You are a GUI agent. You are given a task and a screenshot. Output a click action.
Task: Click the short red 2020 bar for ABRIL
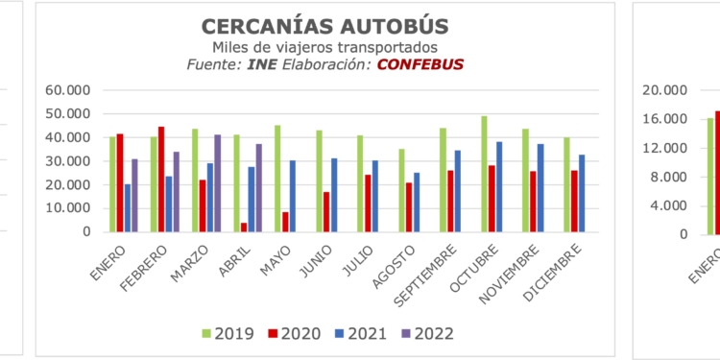[x=245, y=227]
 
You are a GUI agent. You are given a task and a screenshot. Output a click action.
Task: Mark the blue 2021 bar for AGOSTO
[x=416, y=202]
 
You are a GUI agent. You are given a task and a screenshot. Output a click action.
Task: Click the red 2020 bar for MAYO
[x=285, y=222]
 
